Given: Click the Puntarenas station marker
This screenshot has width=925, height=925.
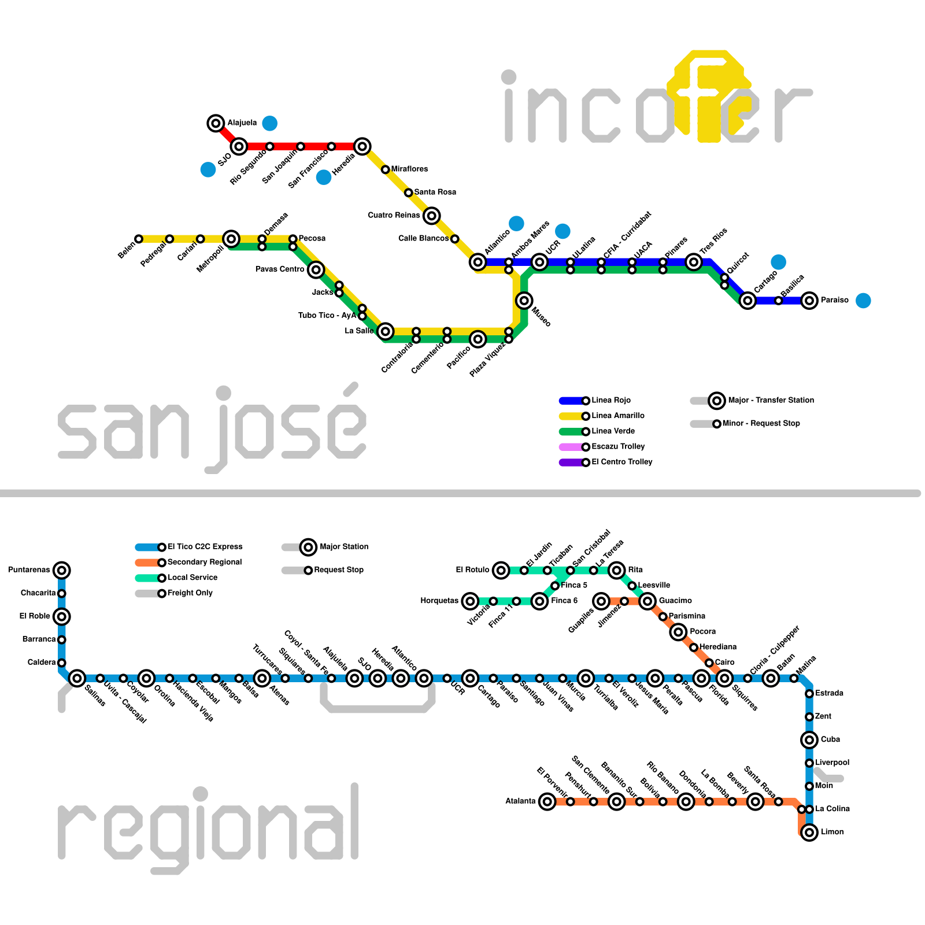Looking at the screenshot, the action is click(62, 571).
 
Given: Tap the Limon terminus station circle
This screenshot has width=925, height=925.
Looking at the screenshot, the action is click(809, 832).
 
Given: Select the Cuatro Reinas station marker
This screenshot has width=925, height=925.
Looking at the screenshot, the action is click(431, 216).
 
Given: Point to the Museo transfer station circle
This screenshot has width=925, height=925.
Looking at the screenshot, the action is click(524, 301).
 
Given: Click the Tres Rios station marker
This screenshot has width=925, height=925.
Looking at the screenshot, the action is click(694, 262).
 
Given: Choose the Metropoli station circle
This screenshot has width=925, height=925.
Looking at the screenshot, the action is click(231, 239).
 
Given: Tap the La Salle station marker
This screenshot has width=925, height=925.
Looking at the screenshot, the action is click(386, 331).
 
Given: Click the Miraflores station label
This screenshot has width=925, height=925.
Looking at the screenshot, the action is click(409, 169).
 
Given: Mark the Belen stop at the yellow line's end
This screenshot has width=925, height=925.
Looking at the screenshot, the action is click(139, 239).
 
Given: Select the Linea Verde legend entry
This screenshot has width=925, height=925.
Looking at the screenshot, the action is click(613, 431).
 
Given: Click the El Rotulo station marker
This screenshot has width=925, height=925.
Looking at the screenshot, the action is click(501, 571).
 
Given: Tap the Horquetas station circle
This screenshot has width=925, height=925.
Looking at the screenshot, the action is click(471, 601).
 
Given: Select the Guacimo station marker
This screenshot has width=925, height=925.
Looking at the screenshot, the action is click(647, 601).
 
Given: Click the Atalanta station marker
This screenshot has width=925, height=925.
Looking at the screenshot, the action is click(547, 801).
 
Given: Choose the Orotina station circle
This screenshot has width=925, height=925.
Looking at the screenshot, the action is click(147, 678).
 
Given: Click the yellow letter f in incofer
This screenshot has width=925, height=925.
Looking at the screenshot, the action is click(709, 95).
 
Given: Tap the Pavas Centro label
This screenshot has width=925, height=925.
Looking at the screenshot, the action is click(280, 269).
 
